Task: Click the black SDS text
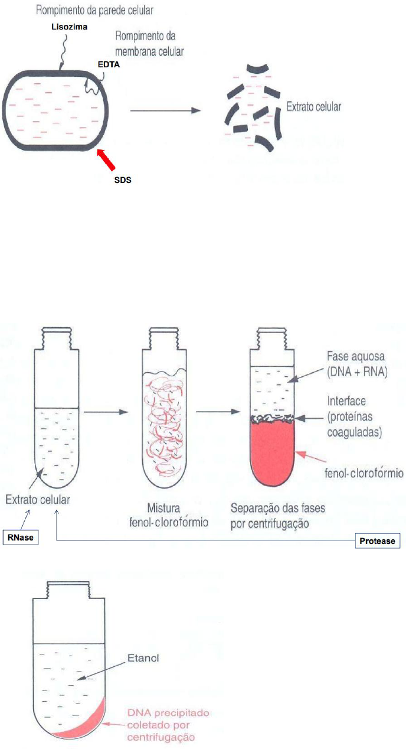click(x=122, y=180)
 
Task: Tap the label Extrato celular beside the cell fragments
click(x=314, y=108)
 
